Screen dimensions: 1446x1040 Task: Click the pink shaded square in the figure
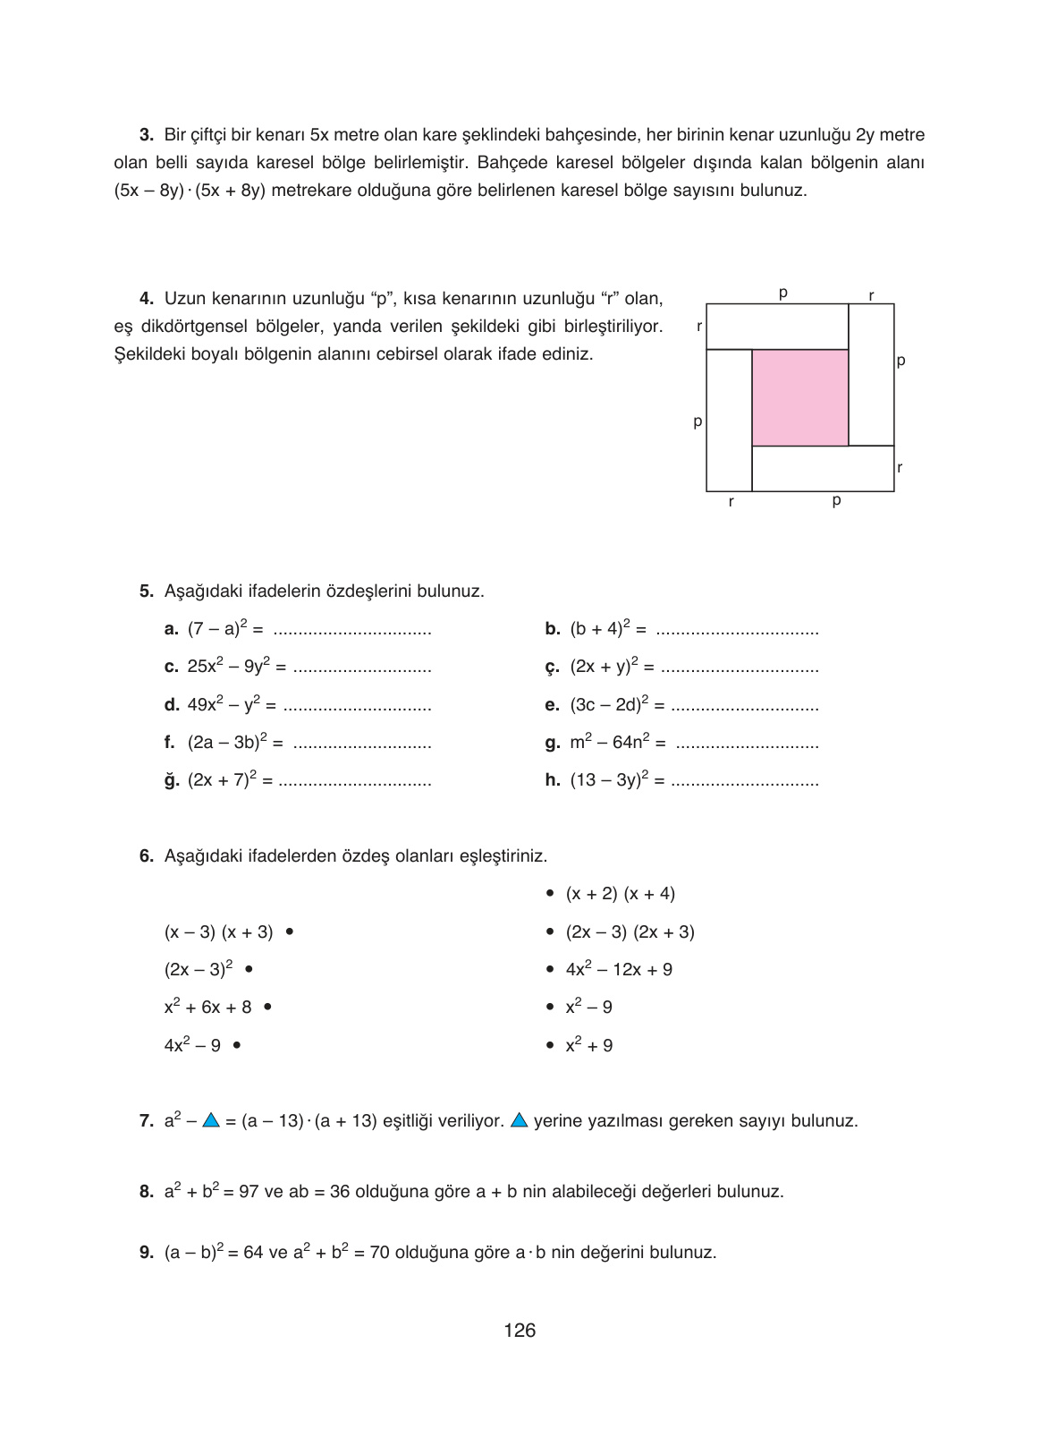(799, 397)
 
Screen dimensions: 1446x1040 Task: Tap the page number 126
(520, 1331)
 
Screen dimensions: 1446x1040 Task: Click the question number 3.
(147, 135)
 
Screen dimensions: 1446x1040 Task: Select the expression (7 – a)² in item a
(219, 629)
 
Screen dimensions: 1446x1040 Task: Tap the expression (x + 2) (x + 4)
(620, 894)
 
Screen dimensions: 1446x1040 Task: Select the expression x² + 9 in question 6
(588, 1045)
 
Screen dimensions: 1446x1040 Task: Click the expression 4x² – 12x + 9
(619, 970)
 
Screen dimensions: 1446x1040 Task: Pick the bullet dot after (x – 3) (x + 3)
(289, 932)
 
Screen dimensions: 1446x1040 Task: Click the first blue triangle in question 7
(211, 1120)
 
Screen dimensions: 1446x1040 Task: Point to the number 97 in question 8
(249, 1192)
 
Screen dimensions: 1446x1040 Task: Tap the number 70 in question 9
(379, 1253)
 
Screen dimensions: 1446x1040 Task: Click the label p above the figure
(782, 293)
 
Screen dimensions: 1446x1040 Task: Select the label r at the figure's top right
(871, 294)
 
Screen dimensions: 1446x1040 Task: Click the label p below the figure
(836, 501)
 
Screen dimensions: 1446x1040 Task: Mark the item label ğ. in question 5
(172, 780)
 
